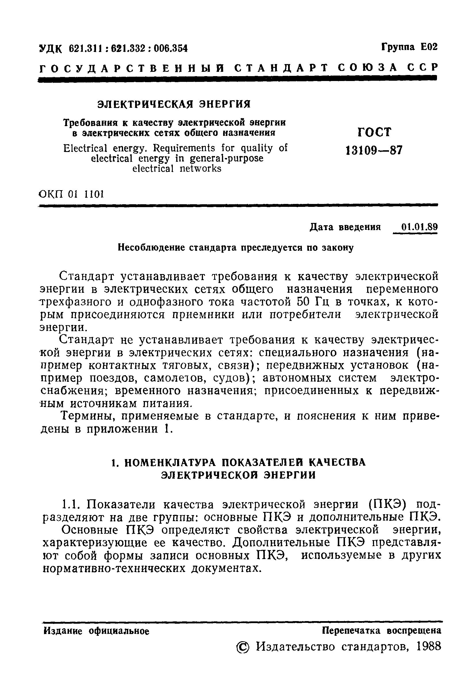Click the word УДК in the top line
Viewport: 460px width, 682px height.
[x=51, y=49]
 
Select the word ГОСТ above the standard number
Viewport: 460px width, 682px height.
[x=374, y=132]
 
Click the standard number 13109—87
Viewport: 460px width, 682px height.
[x=374, y=150]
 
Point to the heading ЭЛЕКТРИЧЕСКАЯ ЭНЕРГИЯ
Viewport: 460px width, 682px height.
[x=174, y=104]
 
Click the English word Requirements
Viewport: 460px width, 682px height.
[x=184, y=148]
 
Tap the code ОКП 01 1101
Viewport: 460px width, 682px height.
[x=71, y=194]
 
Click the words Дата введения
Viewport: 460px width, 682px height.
[x=345, y=227]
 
